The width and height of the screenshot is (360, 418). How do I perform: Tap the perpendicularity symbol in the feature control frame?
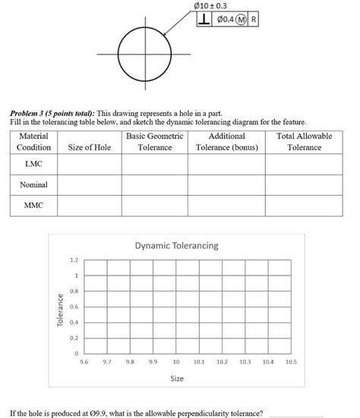[204, 20]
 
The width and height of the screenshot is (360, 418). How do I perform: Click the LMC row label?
[33, 163]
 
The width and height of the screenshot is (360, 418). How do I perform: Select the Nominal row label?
[33, 184]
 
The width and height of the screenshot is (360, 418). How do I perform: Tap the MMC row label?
[33, 205]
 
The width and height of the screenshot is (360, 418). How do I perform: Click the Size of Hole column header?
[90, 147]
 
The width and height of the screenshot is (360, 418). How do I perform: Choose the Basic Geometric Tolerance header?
[155, 141]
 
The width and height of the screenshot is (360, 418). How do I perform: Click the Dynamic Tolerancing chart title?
[176, 246]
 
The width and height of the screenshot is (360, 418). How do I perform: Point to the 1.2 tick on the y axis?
[74, 260]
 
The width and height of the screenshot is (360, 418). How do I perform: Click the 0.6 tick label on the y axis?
[74, 307]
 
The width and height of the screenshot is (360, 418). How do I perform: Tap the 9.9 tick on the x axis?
[153, 363]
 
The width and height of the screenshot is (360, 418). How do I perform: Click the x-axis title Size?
[176, 377]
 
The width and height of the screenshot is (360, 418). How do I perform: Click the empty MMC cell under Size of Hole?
[90, 205]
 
